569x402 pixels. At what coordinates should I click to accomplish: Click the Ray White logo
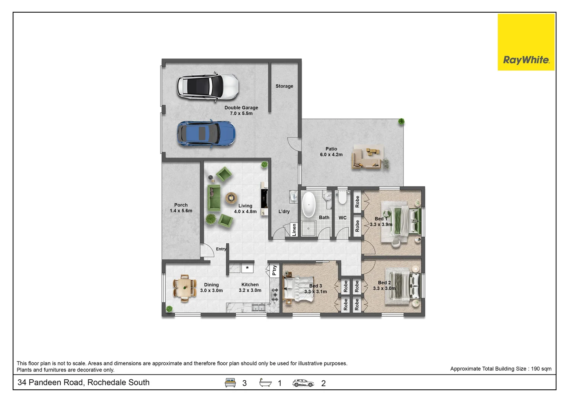pos(526,42)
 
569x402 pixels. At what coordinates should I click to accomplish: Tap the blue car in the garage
pos(206,134)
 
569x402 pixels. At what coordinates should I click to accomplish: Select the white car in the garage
pos(208,86)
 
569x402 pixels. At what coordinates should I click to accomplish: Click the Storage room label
pos(284,86)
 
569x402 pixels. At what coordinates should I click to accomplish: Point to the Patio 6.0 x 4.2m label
pos(331,151)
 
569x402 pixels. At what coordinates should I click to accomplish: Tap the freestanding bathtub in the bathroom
pos(309,204)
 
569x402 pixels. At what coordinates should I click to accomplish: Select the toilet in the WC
pos(342,197)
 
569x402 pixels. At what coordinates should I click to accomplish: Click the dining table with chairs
pos(185,288)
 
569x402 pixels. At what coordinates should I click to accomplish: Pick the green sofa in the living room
pos(214,197)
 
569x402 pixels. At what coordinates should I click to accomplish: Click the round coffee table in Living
pos(231,197)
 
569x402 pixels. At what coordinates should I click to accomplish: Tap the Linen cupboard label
pos(294,230)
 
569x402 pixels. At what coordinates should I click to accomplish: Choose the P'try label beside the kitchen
pos(274,270)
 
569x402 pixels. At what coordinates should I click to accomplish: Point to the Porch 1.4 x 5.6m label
pos(181,208)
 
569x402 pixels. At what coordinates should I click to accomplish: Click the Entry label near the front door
pos(221,249)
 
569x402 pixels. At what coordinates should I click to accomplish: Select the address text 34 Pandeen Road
pos(83,382)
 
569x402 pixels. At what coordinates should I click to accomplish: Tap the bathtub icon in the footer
pos(265,383)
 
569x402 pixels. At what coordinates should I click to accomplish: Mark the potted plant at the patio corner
pos(401,121)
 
